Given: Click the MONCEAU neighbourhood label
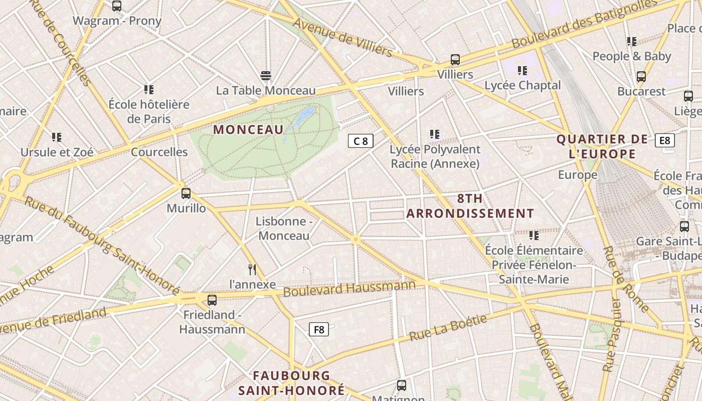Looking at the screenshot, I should (x=248, y=129).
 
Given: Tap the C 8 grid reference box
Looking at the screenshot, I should (x=361, y=141).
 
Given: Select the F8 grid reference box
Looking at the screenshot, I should (x=319, y=329).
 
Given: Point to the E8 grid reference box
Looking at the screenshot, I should (x=664, y=140).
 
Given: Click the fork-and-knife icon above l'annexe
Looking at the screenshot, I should (x=252, y=270).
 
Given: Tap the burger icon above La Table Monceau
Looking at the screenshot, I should (x=266, y=76).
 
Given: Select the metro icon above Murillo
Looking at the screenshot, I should (x=186, y=193).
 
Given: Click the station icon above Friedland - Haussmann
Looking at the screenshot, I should (x=212, y=300).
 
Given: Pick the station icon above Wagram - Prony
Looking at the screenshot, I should (x=117, y=6).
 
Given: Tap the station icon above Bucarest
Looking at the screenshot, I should (x=641, y=77).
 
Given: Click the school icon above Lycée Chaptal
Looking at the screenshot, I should (x=522, y=71).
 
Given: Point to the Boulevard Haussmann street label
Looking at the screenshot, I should (x=349, y=288).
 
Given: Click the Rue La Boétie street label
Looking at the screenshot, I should (x=448, y=328).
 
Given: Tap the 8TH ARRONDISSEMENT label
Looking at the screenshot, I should (x=470, y=206).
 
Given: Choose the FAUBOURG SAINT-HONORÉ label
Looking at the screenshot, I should (x=291, y=382).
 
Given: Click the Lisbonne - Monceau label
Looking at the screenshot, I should (x=284, y=228).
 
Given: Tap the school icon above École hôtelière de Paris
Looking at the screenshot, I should (x=149, y=90).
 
